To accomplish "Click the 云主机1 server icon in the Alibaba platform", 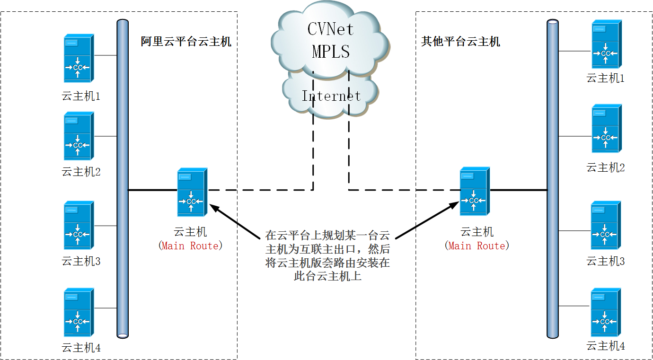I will click(x=79, y=59).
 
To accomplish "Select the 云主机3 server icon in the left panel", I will click(x=79, y=226).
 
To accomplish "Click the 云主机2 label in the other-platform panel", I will click(x=606, y=167).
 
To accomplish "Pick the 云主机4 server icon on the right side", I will click(x=606, y=313).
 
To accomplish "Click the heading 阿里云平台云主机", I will click(x=186, y=42).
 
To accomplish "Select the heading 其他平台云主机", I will click(x=460, y=42).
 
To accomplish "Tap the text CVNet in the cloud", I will click(x=330, y=30).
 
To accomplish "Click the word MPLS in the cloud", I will click(x=331, y=52).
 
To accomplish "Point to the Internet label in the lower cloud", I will click(x=331, y=96).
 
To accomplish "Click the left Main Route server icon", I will click(x=192, y=193).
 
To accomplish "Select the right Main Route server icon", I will click(x=475, y=191).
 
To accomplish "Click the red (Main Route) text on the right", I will click(x=477, y=246).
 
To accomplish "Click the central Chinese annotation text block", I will click(x=327, y=256).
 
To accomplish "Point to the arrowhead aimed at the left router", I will click(x=214, y=208).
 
